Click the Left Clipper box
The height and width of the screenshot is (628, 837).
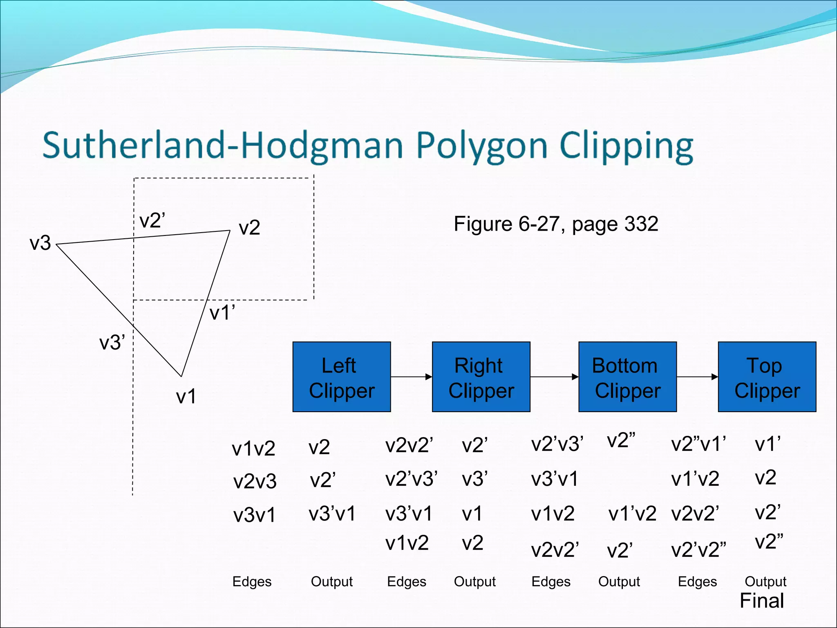[x=342, y=377]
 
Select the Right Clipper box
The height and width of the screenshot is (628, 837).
[x=481, y=377]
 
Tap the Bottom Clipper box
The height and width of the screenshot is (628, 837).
[x=627, y=377]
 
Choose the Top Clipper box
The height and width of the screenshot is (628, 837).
[x=767, y=377]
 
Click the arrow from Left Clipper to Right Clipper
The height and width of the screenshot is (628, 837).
[x=411, y=377]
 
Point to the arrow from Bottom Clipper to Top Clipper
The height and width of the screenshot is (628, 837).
[x=697, y=377]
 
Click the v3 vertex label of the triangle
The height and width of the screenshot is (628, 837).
[x=40, y=243]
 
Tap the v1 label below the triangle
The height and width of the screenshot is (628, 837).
[x=186, y=396]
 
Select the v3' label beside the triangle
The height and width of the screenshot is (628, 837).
[x=112, y=342]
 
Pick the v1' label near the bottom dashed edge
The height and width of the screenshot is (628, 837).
[x=222, y=313]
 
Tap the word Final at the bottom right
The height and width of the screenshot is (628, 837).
[x=762, y=601]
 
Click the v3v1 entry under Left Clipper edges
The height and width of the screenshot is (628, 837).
[x=254, y=515]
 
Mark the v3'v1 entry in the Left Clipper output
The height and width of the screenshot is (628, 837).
[x=332, y=514]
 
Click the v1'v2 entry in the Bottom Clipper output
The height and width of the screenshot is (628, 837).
[x=632, y=514]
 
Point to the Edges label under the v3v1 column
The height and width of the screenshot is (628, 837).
[x=252, y=581]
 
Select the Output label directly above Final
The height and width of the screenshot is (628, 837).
[x=765, y=581]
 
